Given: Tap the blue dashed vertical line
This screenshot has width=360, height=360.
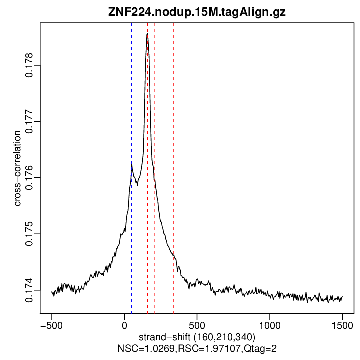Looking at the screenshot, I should tap(132, 225).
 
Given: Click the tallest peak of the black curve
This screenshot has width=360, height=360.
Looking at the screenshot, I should tap(147, 34).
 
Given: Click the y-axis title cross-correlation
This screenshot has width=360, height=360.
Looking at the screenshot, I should tap(17, 168).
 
